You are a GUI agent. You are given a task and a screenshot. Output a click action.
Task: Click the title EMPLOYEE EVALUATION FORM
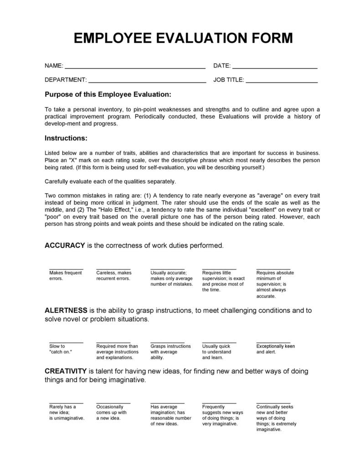click(183, 38)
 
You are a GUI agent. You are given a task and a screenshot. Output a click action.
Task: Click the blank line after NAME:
click(135, 67)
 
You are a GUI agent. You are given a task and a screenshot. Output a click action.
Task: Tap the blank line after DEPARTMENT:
click(147, 82)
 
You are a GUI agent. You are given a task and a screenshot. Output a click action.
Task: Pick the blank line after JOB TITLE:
click(282, 82)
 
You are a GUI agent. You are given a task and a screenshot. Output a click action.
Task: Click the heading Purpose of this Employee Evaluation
click(108, 94)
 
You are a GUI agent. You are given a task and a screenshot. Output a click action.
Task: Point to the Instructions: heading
click(66, 138)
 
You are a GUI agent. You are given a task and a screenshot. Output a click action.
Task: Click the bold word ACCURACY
click(65, 245)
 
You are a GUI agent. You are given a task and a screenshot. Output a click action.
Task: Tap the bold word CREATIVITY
click(66, 371)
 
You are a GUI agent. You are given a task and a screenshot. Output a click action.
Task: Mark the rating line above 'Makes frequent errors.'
click(66, 269)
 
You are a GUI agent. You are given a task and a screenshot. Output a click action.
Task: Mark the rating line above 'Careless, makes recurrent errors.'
click(113, 269)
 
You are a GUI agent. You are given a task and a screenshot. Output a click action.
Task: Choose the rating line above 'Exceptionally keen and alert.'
click(273, 342)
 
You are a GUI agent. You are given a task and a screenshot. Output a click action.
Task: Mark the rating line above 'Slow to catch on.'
click(66, 342)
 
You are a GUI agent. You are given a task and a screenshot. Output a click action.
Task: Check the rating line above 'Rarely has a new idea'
click(66, 403)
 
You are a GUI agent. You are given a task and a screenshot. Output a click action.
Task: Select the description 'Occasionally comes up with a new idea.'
click(112, 413)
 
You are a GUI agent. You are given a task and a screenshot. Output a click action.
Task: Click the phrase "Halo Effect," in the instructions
click(113, 210)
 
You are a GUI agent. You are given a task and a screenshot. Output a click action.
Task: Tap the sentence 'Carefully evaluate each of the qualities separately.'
click(110, 181)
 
